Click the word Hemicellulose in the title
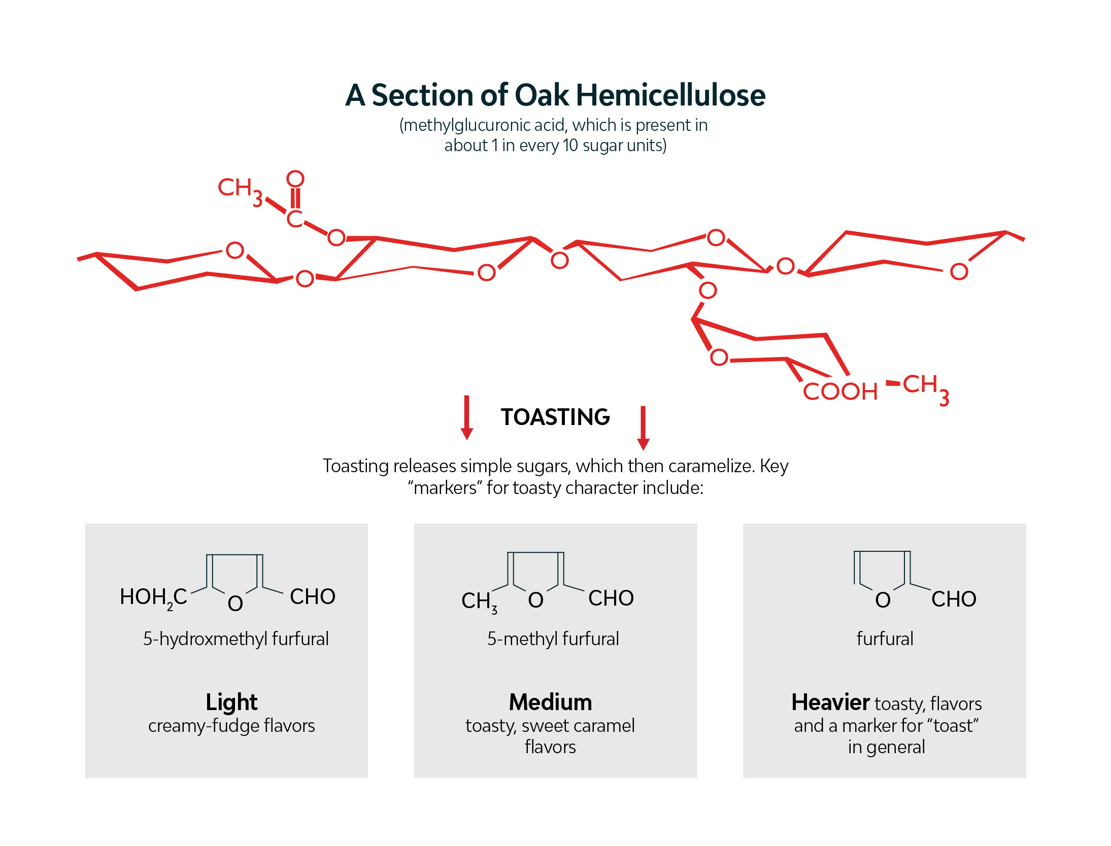[670, 95]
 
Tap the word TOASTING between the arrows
[555, 417]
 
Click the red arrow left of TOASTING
[467, 417]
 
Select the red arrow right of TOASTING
[643, 428]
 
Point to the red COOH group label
[840, 392]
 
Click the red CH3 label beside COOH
[925, 388]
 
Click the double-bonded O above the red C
[295, 179]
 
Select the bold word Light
[231, 702]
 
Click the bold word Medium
[550, 702]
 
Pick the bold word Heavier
[830, 702]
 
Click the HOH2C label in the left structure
[153, 598]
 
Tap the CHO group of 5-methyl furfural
[611, 598]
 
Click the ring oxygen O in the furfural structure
[883, 600]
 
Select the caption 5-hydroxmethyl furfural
[236, 639]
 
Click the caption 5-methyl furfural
[553, 639]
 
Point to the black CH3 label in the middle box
[479, 602]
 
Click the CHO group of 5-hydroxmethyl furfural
[313, 597]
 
